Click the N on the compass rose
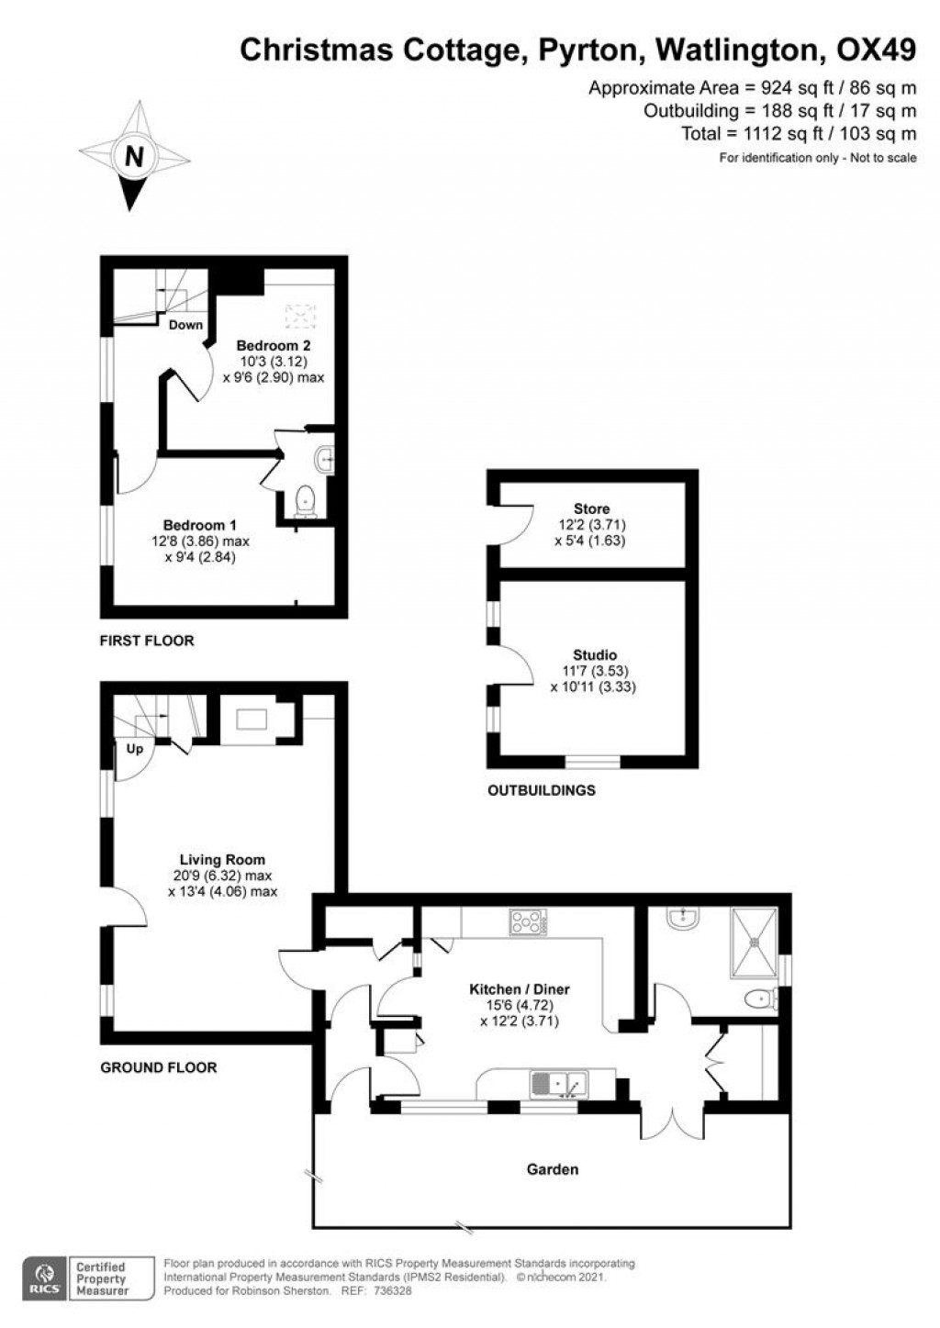(135, 157)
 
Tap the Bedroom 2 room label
(274, 345)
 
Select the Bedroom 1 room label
(200, 525)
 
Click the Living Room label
(222, 859)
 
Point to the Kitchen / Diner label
(520, 988)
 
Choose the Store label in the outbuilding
(591, 508)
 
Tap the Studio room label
(595, 655)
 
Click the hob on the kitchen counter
(529, 922)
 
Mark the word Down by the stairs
(185, 325)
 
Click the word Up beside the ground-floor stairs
(135, 749)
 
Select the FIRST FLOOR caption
(147, 641)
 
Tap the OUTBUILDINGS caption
(542, 790)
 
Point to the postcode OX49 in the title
(876, 50)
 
